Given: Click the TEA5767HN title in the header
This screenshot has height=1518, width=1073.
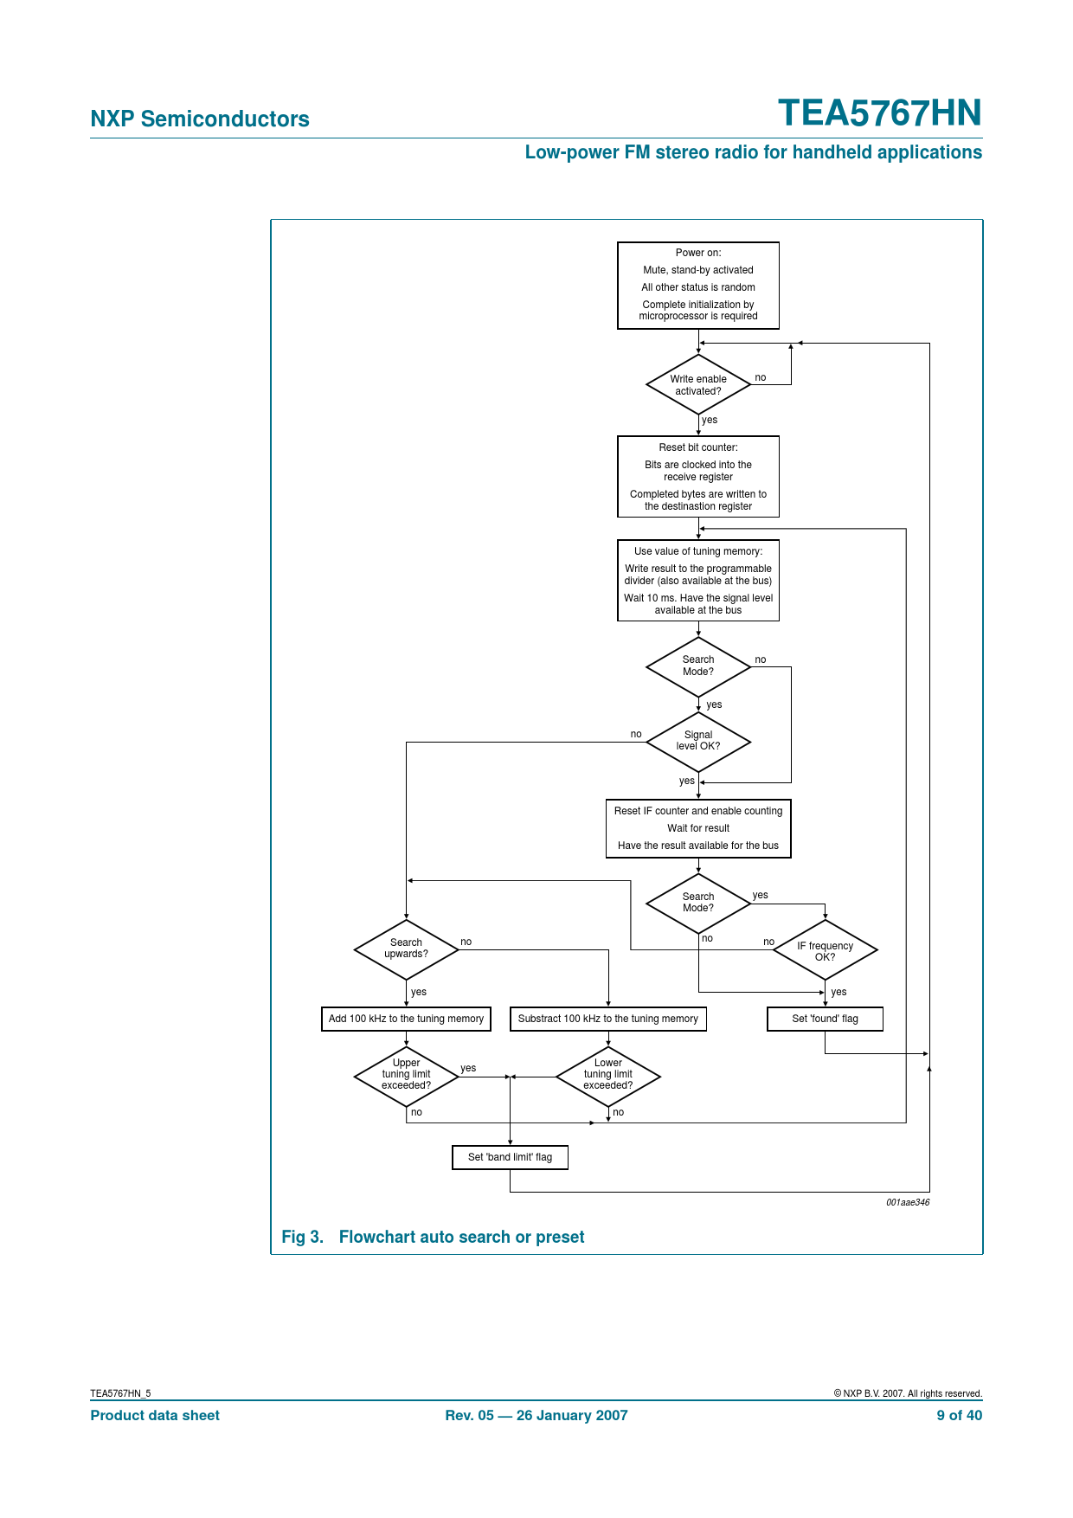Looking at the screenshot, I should pos(879,113).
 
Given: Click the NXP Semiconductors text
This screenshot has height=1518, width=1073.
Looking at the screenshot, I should pos(200,119).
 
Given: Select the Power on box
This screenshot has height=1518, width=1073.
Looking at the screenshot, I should pos(697,285).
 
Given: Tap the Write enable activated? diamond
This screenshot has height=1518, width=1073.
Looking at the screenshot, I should pos(697,385).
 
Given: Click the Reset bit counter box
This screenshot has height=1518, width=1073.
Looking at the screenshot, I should pos(697,476).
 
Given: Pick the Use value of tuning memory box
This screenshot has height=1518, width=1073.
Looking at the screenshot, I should pos(697,580).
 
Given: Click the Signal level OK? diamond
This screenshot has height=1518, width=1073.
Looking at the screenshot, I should pos(697,741).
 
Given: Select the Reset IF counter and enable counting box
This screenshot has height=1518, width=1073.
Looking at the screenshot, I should pos(697,828).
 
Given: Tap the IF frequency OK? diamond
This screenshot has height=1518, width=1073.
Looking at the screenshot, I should pos(825,950).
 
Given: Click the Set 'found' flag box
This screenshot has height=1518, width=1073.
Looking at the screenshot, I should pos(825,1019).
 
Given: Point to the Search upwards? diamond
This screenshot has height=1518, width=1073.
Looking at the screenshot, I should pos(406,949).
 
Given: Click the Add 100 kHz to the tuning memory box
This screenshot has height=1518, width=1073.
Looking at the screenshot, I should pos(406,1019).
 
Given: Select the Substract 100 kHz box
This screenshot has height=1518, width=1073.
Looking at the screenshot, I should pos(607,1019).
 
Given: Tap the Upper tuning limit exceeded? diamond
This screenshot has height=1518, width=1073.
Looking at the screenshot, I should pos(406,1075).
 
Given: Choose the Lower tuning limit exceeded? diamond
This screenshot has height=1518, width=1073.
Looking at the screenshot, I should pos(607,1075).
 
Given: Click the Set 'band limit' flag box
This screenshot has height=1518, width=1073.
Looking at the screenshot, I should pos(510,1157).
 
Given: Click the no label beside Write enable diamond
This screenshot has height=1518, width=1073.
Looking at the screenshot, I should pos(760,377).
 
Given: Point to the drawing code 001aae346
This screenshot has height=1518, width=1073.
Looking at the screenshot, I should pos(907,1202).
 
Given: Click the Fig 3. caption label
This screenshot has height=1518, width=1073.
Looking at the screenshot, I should pos(302,1237).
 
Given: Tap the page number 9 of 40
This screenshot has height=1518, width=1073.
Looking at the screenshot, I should pos(959,1415).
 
